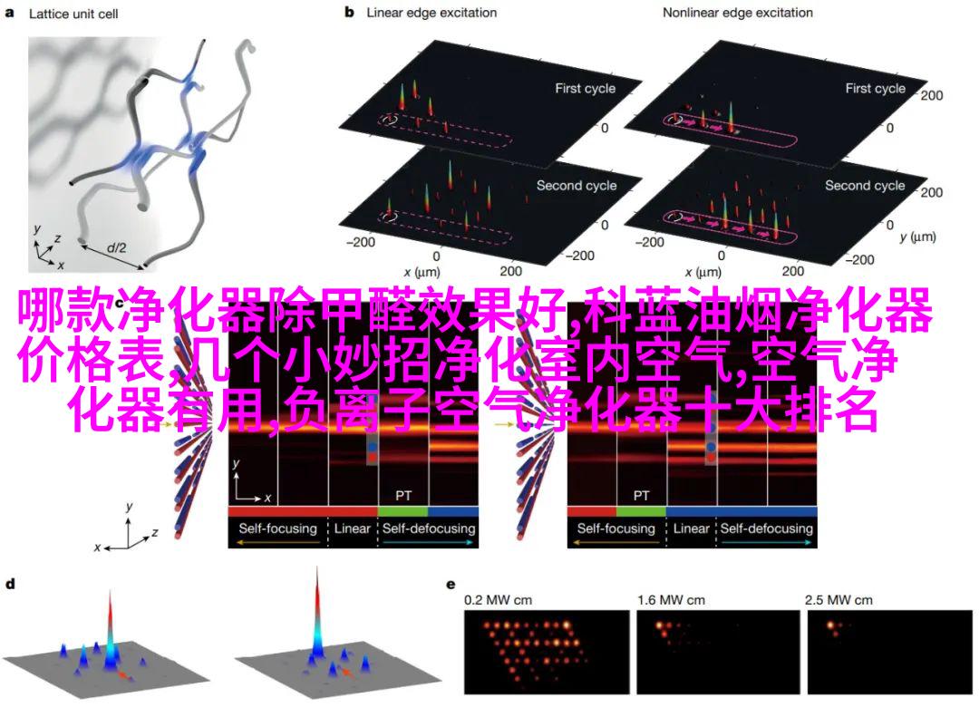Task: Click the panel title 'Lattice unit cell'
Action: click(73, 14)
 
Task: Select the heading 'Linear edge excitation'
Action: click(431, 13)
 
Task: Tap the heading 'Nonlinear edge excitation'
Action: click(737, 13)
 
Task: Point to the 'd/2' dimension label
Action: click(116, 247)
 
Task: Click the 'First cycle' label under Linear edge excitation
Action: click(585, 89)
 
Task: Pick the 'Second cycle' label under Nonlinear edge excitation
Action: click(865, 186)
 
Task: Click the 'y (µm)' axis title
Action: click(917, 237)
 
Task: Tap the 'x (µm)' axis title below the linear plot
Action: click(422, 272)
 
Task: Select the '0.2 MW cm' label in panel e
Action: click(498, 600)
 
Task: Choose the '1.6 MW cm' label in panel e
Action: click(671, 600)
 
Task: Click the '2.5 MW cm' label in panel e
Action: click(838, 600)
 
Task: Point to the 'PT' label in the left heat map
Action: click(403, 496)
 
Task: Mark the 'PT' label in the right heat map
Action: click(641, 496)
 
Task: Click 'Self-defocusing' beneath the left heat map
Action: click(429, 529)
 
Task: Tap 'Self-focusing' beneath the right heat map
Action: click(616, 529)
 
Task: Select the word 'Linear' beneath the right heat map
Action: click(691, 529)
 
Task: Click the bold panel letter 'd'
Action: click(10, 585)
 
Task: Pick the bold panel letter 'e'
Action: click(451, 586)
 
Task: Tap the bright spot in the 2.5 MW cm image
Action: click(831, 625)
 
